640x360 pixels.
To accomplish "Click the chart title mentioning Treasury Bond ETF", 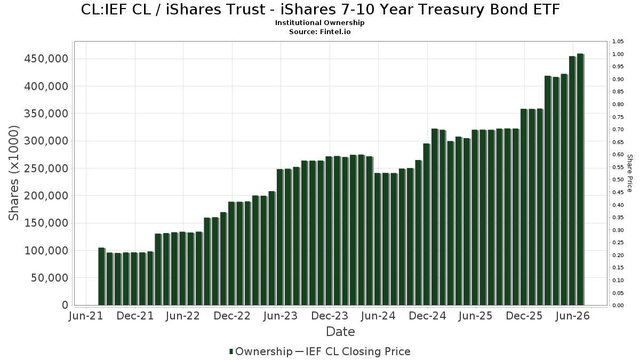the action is point(320,10).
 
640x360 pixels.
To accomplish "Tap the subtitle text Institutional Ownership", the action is point(319,23).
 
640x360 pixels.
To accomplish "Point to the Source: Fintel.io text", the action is point(319,31).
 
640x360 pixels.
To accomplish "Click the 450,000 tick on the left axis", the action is point(46,59).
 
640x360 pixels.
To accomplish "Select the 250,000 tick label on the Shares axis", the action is point(46,169).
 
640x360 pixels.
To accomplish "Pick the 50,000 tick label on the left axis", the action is point(50,278).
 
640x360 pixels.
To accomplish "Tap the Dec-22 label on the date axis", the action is point(232,316).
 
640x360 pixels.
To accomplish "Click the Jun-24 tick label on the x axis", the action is point(378,316).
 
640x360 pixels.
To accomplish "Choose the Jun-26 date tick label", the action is point(573,316).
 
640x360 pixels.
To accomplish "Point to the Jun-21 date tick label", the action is point(86,316).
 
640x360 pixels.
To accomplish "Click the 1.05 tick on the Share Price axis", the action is point(618,42).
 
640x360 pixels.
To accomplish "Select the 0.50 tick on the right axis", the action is point(618,180).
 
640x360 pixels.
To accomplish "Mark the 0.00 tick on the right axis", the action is point(618,306).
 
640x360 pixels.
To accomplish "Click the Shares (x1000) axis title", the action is point(13,173).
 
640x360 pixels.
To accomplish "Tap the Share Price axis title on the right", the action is point(630,173).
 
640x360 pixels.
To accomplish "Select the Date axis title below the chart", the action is point(341,332).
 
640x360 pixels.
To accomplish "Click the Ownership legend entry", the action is point(261,351).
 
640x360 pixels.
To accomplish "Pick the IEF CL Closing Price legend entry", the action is point(353,351).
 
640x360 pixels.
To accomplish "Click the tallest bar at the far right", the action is point(580,179).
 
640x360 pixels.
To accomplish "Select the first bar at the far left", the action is point(102,277).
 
